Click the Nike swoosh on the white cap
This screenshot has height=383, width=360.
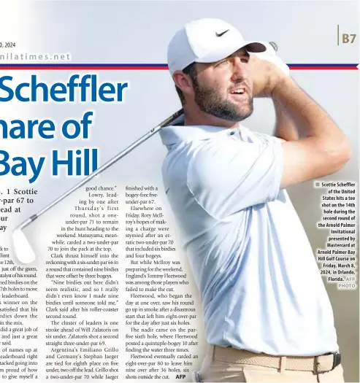(x=222, y=33)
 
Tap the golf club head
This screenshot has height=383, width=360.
(x=23, y=246)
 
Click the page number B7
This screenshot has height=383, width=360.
(x=348, y=36)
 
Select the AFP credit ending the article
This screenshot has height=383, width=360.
(x=180, y=377)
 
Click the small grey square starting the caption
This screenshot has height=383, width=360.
(x=318, y=185)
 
